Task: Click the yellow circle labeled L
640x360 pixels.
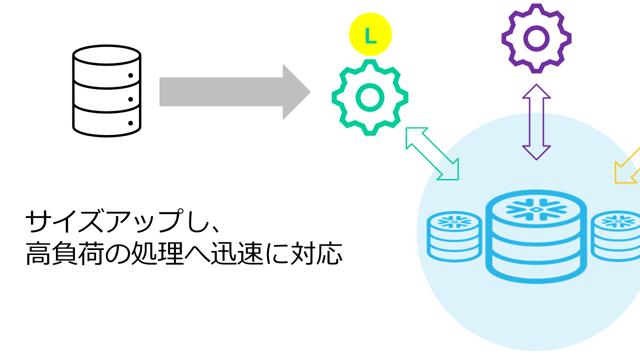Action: tap(370, 35)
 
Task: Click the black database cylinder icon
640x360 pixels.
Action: tap(106, 91)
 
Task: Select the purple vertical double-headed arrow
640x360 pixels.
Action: tap(536, 122)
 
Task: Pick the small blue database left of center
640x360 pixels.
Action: tap(454, 236)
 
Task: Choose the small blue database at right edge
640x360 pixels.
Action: tap(616, 236)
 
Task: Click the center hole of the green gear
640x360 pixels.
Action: tap(370, 97)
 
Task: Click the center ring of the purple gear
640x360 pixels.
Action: tap(536, 38)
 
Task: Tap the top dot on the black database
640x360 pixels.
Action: tap(130, 76)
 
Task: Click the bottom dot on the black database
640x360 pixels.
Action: tap(130, 122)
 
